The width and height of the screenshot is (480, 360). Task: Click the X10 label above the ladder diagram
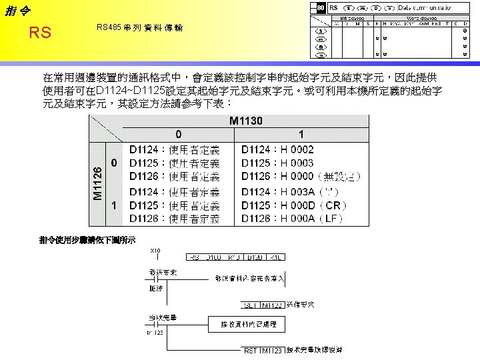point(156,250)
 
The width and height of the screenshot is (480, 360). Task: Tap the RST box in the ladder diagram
point(250,350)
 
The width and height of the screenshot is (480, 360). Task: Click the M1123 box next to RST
point(272,350)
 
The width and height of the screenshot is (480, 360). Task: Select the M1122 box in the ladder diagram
point(272,305)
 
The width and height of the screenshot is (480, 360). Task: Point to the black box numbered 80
point(320,7)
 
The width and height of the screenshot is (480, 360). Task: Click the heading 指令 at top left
point(18,9)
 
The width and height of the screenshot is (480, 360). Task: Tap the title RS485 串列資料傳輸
point(140,28)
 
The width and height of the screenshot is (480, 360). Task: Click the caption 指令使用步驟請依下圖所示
point(87,239)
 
